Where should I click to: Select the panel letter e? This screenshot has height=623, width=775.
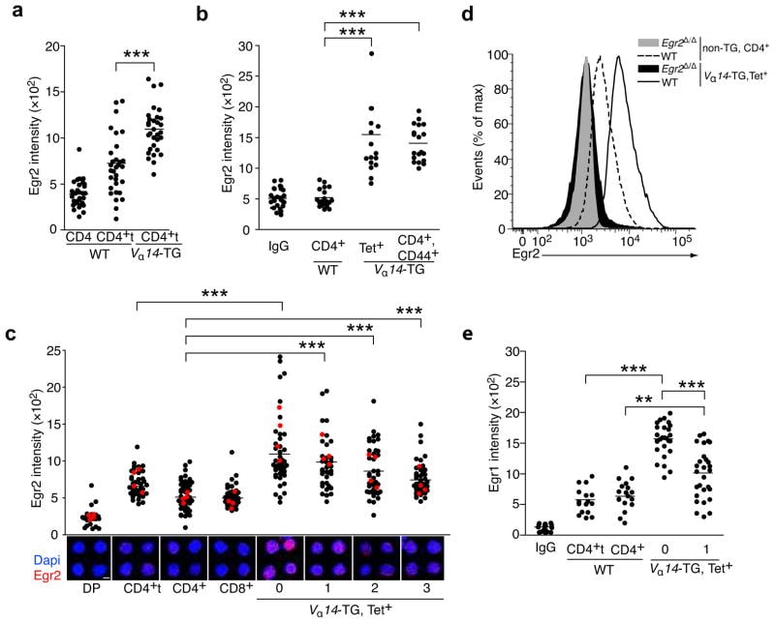pyautogui.click(x=495, y=339)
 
